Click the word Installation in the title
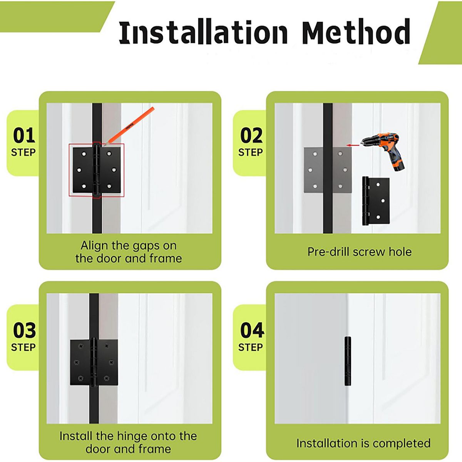(203, 32)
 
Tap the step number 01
(24, 136)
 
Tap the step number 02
(251, 136)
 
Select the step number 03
(24, 330)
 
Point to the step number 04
(252, 330)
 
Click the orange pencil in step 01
(129, 126)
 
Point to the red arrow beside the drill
(353, 145)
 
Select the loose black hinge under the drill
(375, 201)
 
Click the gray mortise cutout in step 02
(328, 170)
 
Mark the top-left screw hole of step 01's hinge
(84, 154)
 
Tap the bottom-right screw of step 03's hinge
(106, 378)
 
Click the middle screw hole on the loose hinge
(383, 201)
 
